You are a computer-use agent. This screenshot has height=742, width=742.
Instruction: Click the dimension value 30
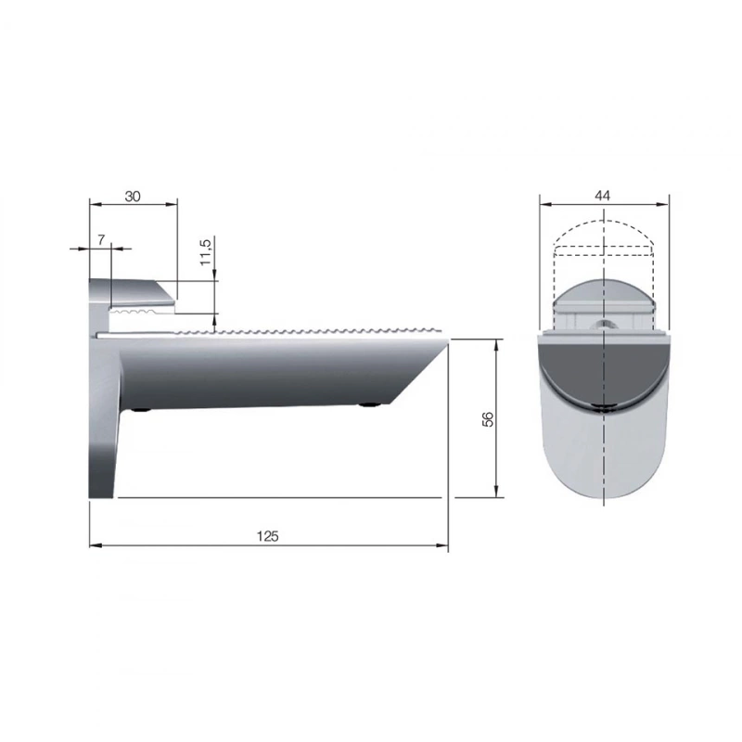pos(133,196)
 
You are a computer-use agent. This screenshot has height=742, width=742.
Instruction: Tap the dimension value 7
pos(101,240)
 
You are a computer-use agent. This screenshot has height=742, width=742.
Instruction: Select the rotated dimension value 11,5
pos(205,252)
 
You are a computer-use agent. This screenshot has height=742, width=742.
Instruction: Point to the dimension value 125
pos(267,536)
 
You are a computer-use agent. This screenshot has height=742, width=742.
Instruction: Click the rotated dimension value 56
pos(488,419)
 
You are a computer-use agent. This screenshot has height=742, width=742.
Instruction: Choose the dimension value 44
pos(602,196)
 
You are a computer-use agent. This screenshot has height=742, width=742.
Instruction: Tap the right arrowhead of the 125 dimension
pos(441,545)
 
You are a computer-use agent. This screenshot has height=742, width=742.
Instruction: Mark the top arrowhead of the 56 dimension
pos(496,345)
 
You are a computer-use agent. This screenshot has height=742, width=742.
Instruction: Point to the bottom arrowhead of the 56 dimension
pos(496,492)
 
